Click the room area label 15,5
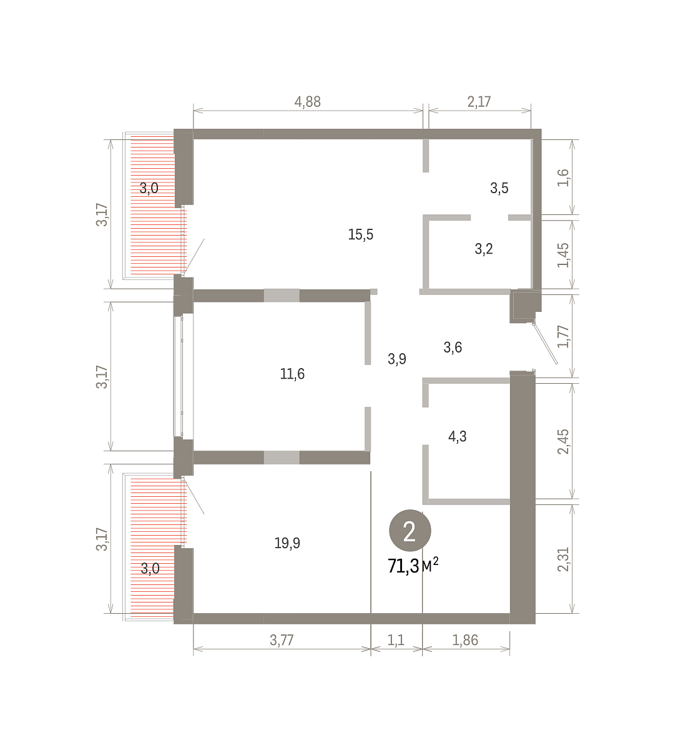[x=361, y=235]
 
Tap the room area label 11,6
[x=292, y=374]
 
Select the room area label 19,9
[x=287, y=543]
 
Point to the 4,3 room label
[x=458, y=436]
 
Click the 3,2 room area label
[x=484, y=249]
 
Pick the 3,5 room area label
[x=499, y=188]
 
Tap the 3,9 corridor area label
[x=397, y=359]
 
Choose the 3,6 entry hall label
[x=453, y=347]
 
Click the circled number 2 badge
[x=410, y=531]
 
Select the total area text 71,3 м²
[x=413, y=565]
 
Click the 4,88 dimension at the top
[x=307, y=102]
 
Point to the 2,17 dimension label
[x=479, y=102]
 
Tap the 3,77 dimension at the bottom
[x=282, y=640]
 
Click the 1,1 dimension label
[x=396, y=640]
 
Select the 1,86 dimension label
[x=465, y=640]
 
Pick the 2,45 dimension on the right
[x=563, y=442]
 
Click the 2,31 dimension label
[x=563, y=560]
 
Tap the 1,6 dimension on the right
[x=563, y=177]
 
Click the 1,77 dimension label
[x=563, y=336]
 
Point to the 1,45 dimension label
[x=563, y=255]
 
